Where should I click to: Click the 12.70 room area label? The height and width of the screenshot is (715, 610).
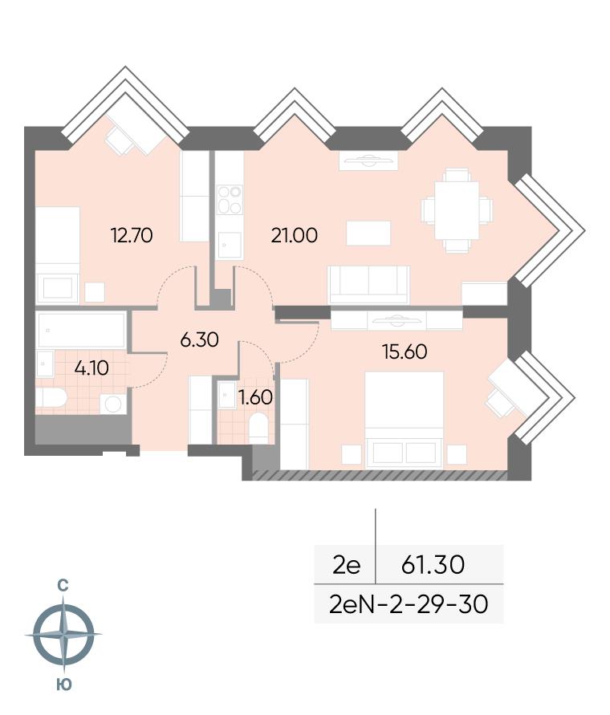click(x=132, y=235)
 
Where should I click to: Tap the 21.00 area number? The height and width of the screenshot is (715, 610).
click(x=295, y=235)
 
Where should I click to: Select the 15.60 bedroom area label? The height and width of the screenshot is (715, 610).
click(x=405, y=351)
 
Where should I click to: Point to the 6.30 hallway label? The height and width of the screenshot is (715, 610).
click(x=199, y=339)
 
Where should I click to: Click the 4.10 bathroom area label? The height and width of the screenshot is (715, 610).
click(x=91, y=368)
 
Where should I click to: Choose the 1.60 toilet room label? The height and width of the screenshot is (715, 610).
click(x=256, y=398)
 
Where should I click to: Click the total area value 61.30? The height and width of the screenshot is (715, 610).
click(x=433, y=564)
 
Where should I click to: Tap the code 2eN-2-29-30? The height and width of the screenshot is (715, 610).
click(x=409, y=604)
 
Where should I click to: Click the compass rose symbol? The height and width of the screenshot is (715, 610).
click(x=64, y=634)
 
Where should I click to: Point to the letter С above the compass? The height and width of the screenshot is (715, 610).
click(x=63, y=585)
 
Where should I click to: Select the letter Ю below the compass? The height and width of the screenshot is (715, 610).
click(x=64, y=685)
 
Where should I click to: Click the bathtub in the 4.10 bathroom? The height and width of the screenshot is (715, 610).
click(x=81, y=330)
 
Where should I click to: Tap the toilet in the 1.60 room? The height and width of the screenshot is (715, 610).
click(x=258, y=428)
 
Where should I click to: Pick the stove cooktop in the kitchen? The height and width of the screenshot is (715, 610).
click(x=229, y=200)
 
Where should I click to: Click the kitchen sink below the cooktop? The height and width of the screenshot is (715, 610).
click(x=229, y=246)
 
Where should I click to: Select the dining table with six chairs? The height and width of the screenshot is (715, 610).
click(x=457, y=210)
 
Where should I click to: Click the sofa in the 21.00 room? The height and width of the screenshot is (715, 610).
click(x=368, y=285)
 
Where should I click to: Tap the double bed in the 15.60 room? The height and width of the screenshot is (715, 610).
click(x=405, y=420)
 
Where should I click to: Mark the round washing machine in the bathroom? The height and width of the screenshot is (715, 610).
click(x=112, y=403)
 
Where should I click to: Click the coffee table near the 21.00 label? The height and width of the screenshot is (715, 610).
click(x=368, y=233)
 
